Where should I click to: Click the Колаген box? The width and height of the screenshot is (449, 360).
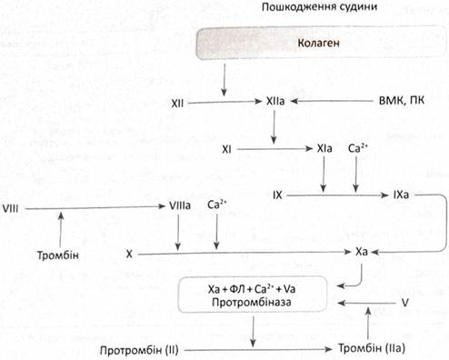pos(321,42)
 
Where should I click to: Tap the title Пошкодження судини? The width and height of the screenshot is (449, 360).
pos(319,6)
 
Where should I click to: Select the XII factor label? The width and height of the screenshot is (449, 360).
pos(177,104)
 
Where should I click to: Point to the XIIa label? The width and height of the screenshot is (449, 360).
pos(275,101)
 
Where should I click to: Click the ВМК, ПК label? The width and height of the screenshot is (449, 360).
pos(402,100)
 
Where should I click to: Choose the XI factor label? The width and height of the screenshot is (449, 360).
pos(226,149)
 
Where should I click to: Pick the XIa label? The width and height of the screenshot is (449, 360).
pos(324,148)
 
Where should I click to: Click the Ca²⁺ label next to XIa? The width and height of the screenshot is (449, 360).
pos(358,148)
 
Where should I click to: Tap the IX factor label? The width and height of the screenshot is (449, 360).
pos(277,195)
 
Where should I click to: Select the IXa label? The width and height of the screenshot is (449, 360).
pos(401,195)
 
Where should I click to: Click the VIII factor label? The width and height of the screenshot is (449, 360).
pos(10,208)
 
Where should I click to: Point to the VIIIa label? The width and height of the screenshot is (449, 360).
pos(180,205)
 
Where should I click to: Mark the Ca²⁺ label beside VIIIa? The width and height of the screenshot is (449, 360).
pos(217,205)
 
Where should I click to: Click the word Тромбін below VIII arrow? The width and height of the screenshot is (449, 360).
pos(58,255)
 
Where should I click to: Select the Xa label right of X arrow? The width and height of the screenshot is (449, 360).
pos(362,252)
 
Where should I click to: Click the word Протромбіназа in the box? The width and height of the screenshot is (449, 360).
pos(252,302)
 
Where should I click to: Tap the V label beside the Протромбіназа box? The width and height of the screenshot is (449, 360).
pos(404,303)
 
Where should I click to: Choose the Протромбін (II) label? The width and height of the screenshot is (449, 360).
pos(139,350)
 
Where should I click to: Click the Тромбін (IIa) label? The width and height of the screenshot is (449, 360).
pos(372,348)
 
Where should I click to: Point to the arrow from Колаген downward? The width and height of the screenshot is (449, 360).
pos(224,79)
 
